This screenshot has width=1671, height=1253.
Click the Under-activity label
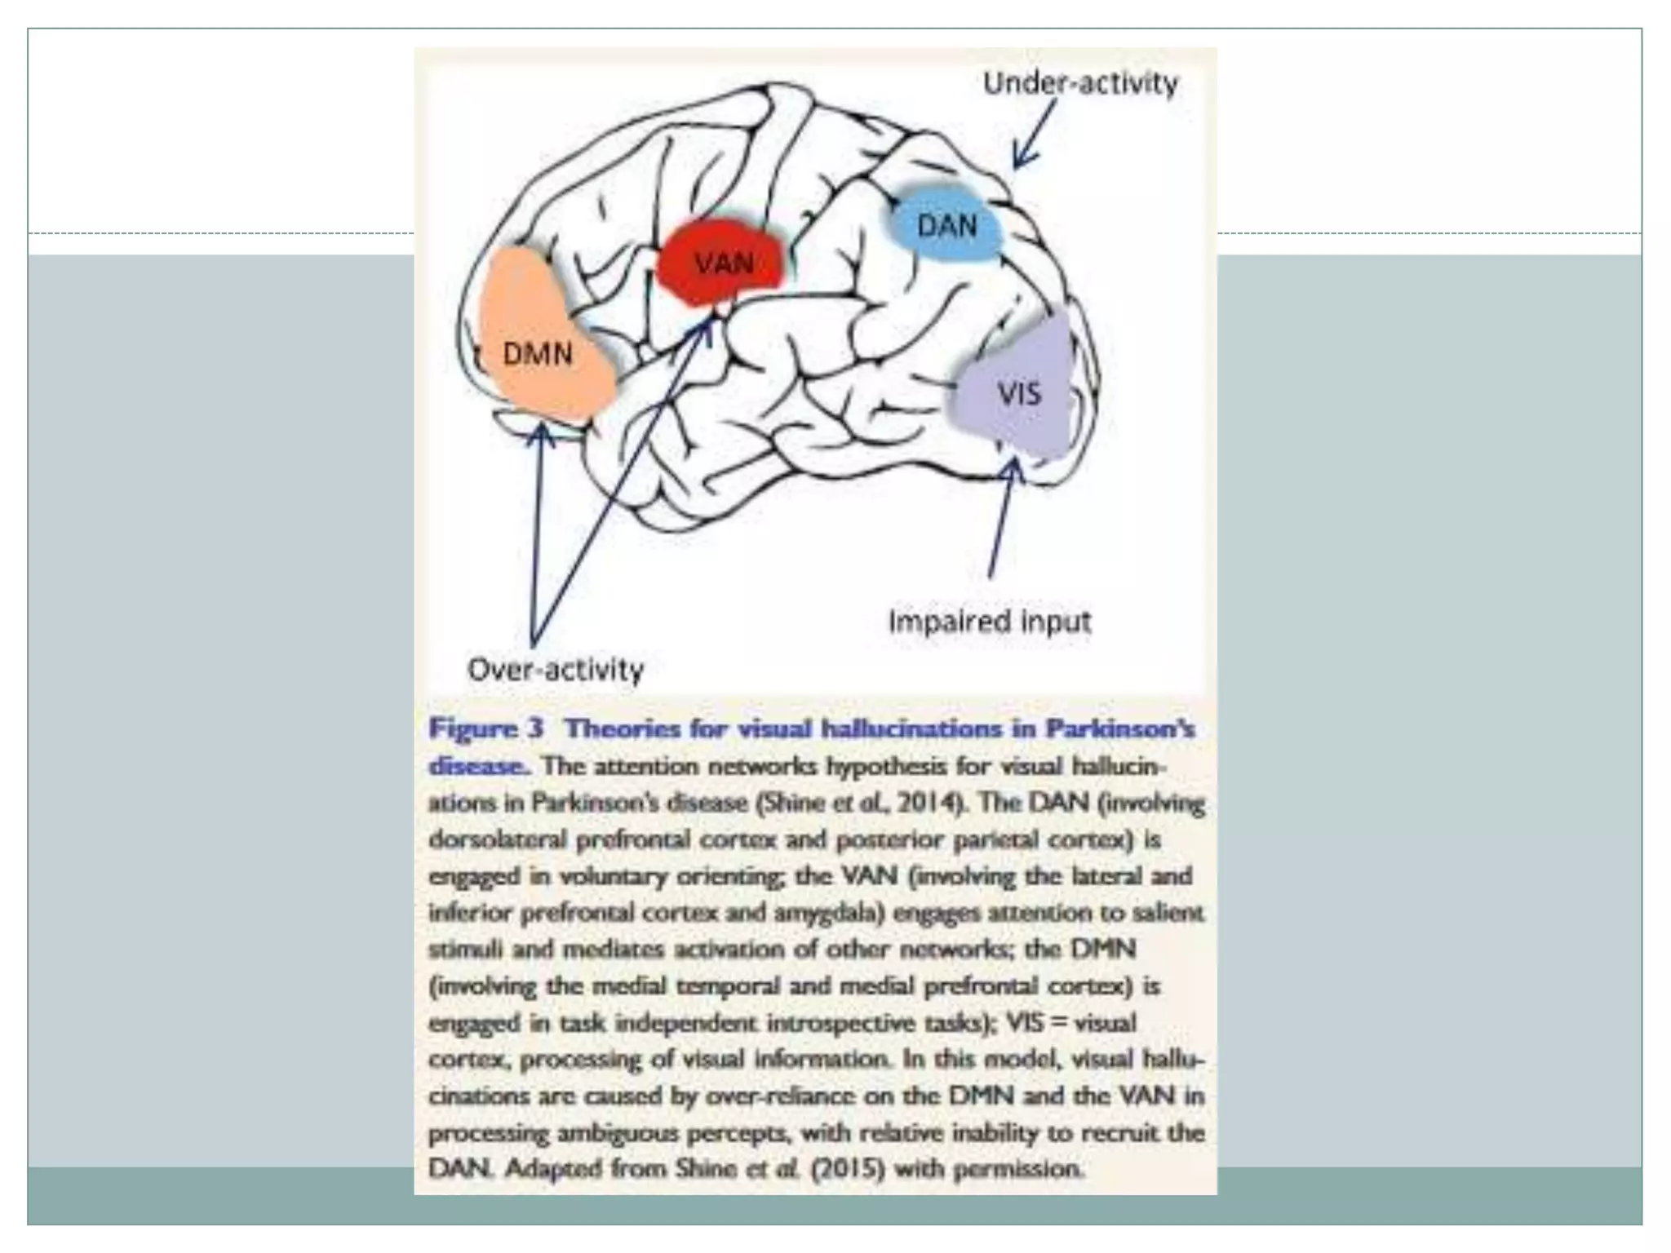pos(1079,83)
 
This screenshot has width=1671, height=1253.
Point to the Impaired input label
pos(989,622)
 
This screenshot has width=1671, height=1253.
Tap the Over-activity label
pos(556,670)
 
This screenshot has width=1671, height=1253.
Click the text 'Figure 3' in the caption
pos(485,728)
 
